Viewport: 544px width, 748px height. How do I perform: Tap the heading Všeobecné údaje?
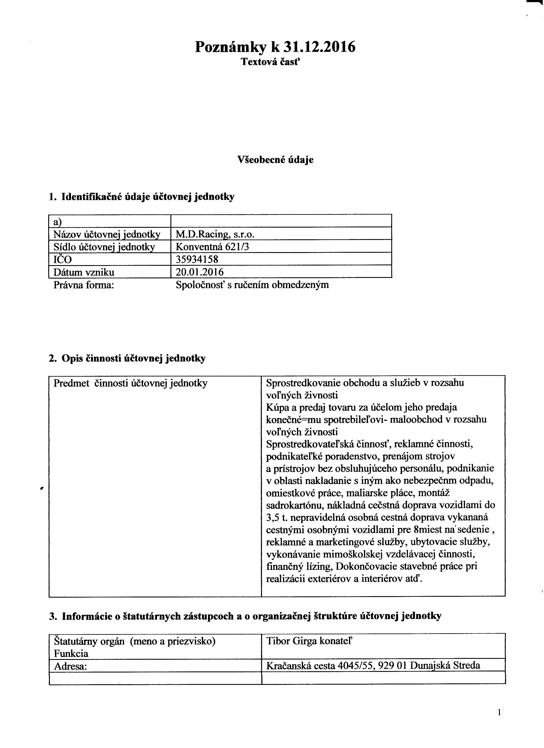click(275, 160)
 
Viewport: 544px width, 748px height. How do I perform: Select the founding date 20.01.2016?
click(200, 272)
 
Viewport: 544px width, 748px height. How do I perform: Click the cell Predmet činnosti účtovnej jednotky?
click(130, 383)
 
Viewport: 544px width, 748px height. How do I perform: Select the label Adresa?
click(70, 666)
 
